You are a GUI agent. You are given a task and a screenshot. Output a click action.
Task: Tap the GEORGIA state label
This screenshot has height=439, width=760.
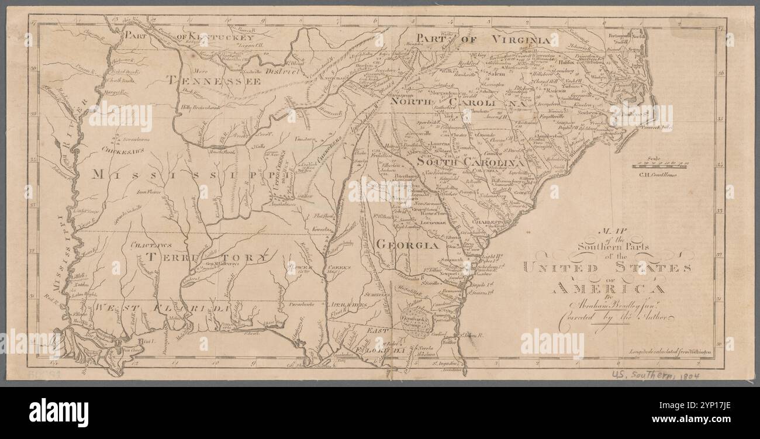click(x=407, y=244)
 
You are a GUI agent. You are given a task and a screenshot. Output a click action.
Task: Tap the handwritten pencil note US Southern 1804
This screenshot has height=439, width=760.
click(x=655, y=372)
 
